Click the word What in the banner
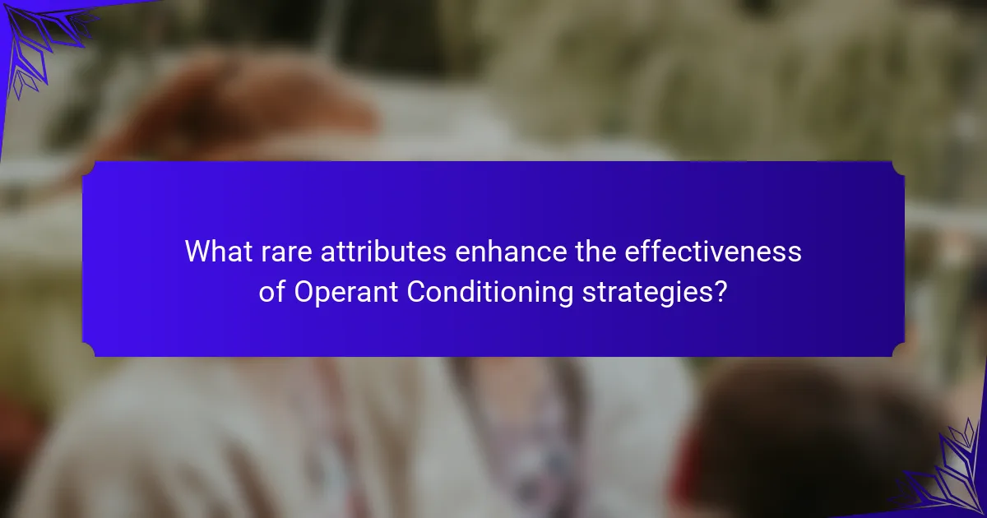(219, 251)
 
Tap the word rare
(286, 254)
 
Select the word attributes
(383, 252)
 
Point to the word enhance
(511, 251)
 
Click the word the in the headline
(595, 251)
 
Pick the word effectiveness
(713, 251)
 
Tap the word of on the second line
(272, 292)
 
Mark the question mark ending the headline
(720, 292)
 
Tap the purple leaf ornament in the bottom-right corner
(948, 476)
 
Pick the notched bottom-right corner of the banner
(898, 349)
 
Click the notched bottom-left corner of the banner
(89, 349)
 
